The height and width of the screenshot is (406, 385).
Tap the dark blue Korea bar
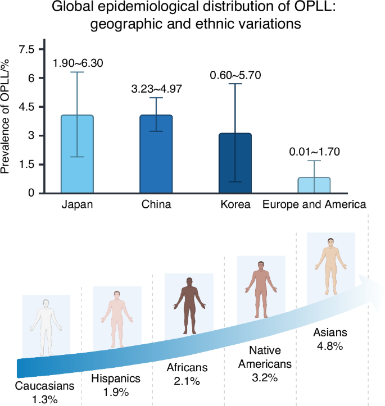click(x=235, y=163)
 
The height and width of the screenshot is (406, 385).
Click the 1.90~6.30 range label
click(x=78, y=63)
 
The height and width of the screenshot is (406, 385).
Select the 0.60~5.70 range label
click(x=235, y=75)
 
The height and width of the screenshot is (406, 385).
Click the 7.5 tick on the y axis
click(x=26, y=49)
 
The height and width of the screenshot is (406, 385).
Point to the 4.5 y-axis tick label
click(x=26, y=107)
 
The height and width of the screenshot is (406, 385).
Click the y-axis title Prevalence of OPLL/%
click(x=8, y=112)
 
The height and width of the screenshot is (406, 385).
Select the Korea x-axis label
click(x=235, y=204)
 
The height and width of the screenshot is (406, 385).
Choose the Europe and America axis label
click(x=314, y=204)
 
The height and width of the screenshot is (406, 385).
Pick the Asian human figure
click(x=330, y=264)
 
